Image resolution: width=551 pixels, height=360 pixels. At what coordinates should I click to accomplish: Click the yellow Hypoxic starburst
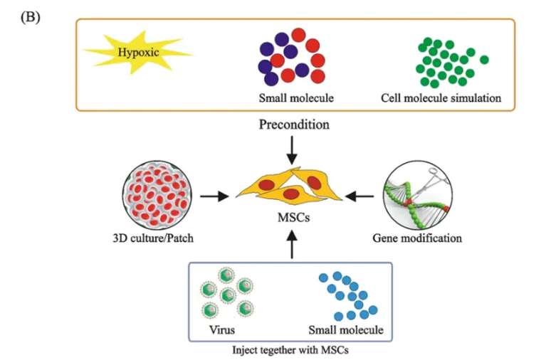click(x=135, y=53)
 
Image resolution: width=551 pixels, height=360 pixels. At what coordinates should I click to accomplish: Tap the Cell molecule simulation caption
click(x=441, y=97)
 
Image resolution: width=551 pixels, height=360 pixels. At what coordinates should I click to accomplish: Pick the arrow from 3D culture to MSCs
click(x=214, y=194)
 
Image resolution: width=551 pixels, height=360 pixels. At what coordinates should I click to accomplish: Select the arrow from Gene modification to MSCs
click(x=363, y=194)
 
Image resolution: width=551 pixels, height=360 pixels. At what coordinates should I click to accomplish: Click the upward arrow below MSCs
click(x=292, y=245)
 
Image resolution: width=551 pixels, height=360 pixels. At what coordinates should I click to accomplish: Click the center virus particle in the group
click(x=228, y=295)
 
